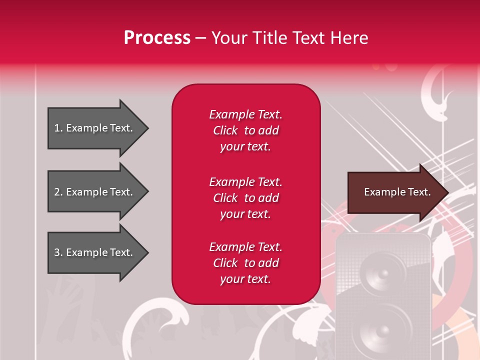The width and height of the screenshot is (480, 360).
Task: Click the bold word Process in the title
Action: pos(157,38)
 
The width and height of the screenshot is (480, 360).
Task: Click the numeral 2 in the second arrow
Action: pos(57,192)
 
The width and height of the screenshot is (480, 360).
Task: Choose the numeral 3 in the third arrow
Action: pos(57,252)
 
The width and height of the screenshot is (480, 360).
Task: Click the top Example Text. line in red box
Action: pos(245,114)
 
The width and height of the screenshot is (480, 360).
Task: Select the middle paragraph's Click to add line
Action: pos(245,198)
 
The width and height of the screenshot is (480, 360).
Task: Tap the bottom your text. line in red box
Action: pos(245,279)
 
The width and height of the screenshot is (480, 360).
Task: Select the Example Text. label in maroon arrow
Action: pos(397,192)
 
